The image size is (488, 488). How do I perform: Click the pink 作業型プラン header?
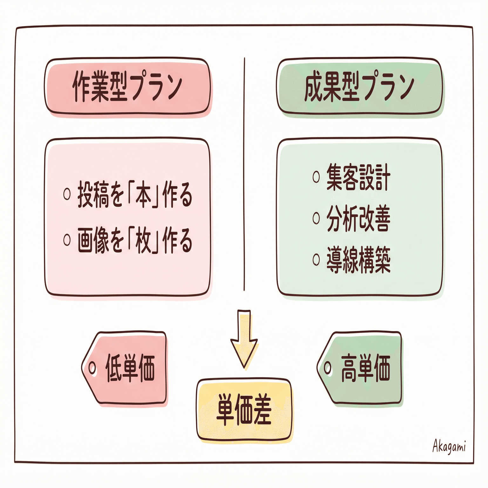[127, 86]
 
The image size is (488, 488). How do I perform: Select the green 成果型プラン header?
[359, 86]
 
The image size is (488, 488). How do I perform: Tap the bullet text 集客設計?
[358, 177]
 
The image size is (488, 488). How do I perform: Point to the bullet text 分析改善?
[358, 218]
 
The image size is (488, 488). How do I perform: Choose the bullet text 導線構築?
[358, 260]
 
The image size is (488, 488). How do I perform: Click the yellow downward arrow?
[244, 339]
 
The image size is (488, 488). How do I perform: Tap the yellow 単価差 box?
[244, 410]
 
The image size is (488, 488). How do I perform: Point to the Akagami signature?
[449, 446]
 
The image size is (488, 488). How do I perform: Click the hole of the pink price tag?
[92, 368]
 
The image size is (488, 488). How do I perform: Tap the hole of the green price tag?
[328, 368]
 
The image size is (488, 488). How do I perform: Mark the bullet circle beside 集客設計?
[316, 177]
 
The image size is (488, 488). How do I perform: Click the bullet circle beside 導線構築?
[316, 259]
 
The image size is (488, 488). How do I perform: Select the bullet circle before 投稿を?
[67, 194]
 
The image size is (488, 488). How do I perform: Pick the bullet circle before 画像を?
[67, 240]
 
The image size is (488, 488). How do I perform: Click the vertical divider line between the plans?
[244, 174]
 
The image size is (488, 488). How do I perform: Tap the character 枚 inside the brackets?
[143, 241]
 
